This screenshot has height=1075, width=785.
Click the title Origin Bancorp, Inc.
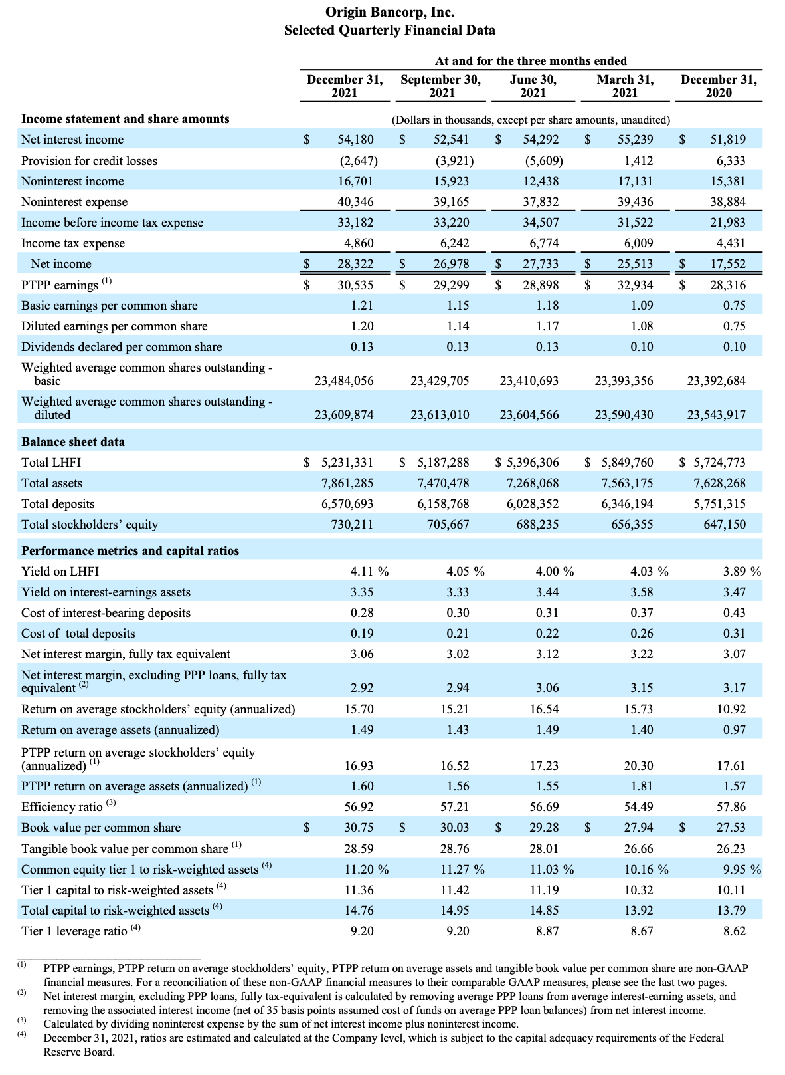389,11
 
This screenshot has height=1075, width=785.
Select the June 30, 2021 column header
533,86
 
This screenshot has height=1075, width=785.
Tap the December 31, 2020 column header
719,86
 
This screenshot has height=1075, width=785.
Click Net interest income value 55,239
635,139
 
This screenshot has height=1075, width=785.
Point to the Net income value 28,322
355,263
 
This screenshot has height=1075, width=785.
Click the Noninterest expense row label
74,202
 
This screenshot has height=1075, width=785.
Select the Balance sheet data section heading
73,441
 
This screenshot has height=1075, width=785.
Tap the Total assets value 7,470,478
442,483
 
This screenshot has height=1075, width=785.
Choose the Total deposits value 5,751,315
719,503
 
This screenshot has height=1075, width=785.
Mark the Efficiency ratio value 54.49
638,806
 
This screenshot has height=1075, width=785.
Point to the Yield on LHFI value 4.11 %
369,571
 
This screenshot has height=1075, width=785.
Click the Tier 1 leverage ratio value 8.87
547,931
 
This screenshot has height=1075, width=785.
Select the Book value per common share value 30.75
359,828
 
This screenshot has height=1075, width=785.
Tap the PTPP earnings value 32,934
635,285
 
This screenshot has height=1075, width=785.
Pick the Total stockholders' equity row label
90,524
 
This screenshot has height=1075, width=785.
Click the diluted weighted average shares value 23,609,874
344,414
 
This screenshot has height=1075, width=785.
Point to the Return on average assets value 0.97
734,729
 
